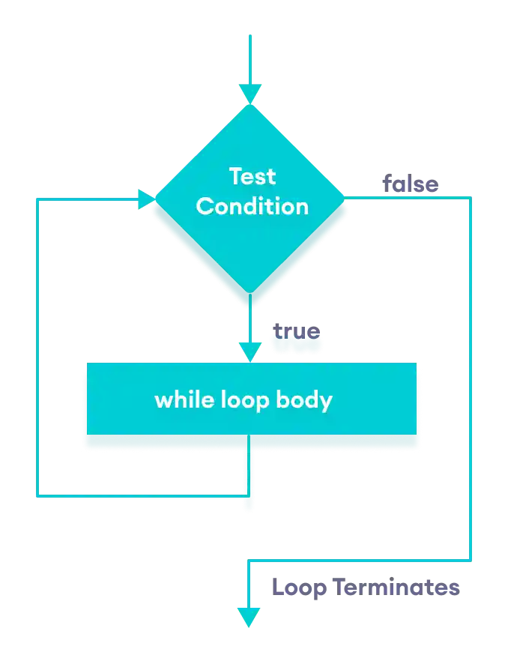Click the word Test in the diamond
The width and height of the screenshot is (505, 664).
point(252,177)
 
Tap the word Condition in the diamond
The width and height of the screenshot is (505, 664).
point(252,206)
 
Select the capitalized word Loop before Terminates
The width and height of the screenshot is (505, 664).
point(298,588)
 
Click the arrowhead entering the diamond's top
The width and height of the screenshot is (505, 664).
point(250,94)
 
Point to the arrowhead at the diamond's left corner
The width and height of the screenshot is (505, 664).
point(146,199)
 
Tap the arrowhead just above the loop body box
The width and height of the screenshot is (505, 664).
point(250,351)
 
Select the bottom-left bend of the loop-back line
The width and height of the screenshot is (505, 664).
point(37,495)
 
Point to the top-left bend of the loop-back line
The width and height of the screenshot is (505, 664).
point(37,199)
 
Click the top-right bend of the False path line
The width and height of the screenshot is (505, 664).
point(471,196)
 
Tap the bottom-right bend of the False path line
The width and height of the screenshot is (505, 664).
point(471,560)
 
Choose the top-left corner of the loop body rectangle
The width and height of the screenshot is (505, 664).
point(85,363)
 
